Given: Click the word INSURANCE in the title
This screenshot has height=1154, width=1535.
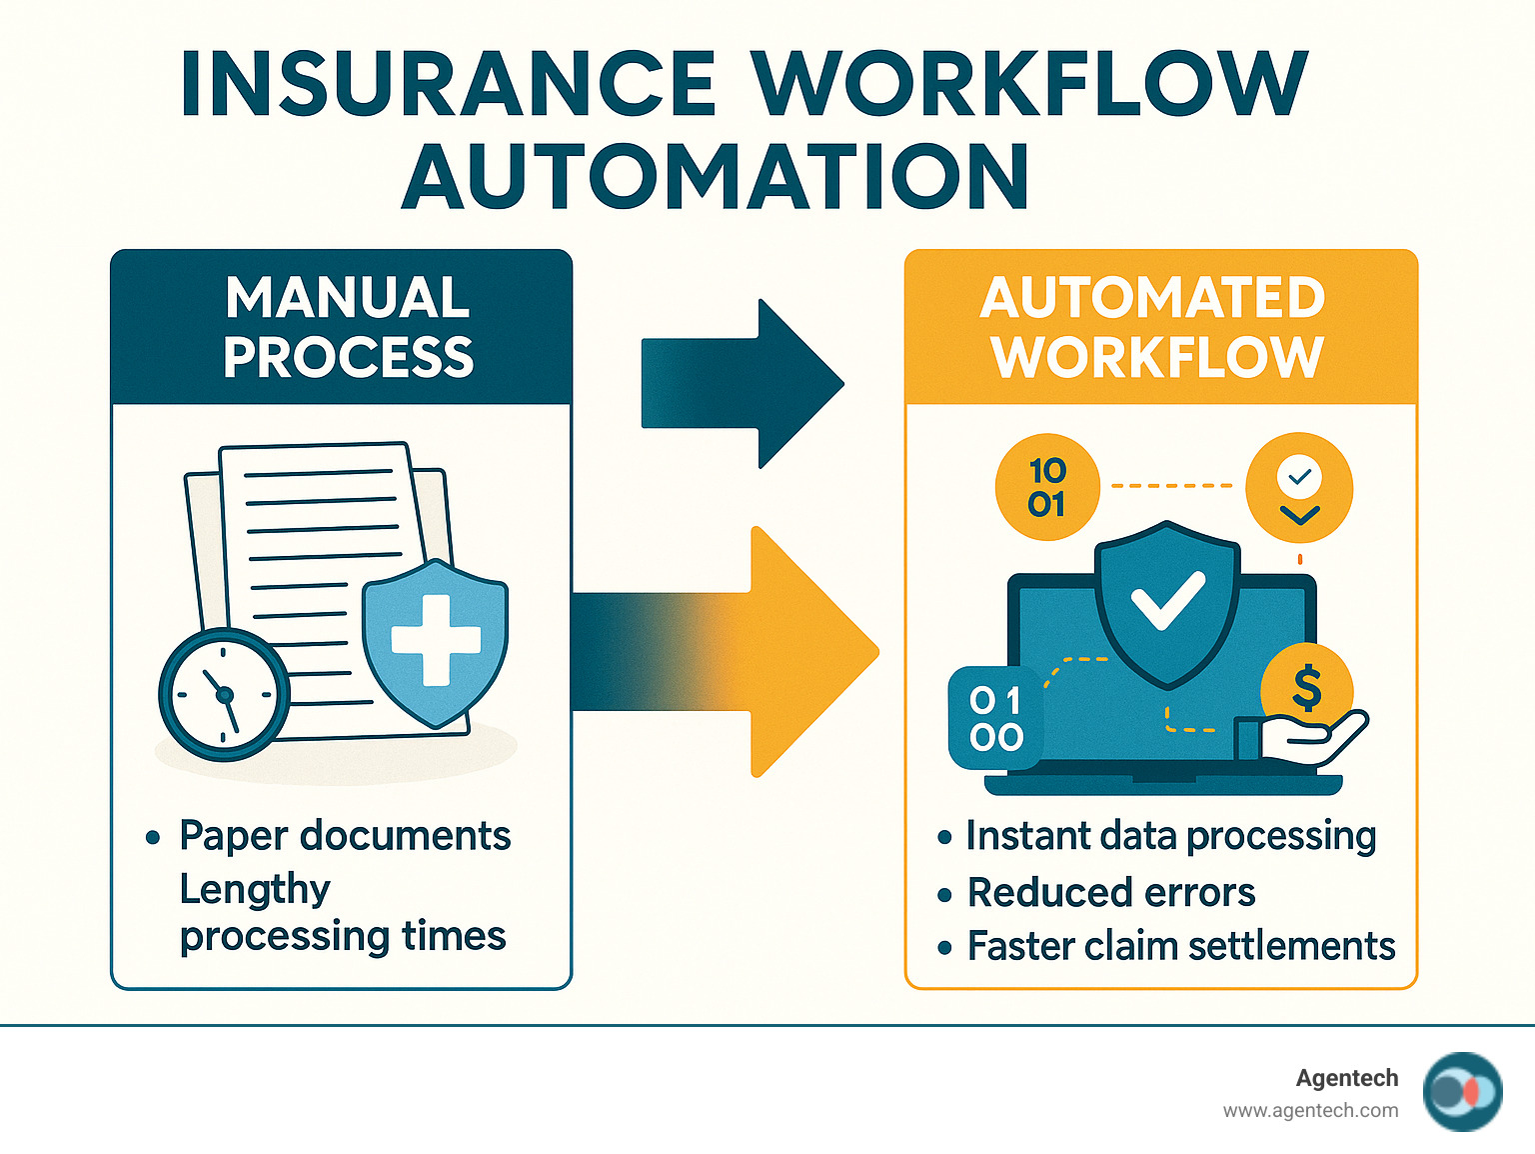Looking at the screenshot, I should click(x=449, y=84).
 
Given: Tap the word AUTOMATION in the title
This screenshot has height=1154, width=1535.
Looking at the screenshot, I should click(x=716, y=177).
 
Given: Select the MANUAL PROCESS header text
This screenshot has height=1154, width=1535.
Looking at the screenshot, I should click(x=348, y=327).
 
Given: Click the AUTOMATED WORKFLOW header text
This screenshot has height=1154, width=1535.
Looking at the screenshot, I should click(x=1154, y=327).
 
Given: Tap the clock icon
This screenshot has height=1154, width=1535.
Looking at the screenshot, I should click(x=224, y=694).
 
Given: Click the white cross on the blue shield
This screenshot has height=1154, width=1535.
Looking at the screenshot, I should click(x=436, y=640).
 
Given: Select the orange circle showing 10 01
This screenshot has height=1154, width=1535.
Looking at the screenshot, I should click(x=1047, y=487).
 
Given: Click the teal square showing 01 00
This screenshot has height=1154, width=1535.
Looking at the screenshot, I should click(x=995, y=718).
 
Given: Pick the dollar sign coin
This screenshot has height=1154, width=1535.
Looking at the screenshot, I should click(x=1307, y=688).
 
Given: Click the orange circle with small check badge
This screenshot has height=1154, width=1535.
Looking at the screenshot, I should click(x=1299, y=488).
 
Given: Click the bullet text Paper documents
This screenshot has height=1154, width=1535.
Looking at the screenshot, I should click(x=345, y=836).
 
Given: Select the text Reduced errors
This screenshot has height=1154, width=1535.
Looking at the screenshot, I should click(x=1110, y=892).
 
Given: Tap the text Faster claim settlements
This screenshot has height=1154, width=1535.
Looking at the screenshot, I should click(x=1180, y=946).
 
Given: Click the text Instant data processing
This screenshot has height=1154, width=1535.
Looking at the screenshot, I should click(x=1170, y=836).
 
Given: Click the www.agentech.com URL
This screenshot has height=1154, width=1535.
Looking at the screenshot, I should click(x=1310, y=1110).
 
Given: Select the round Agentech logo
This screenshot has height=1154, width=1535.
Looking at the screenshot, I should click(x=1462, y=1092).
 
